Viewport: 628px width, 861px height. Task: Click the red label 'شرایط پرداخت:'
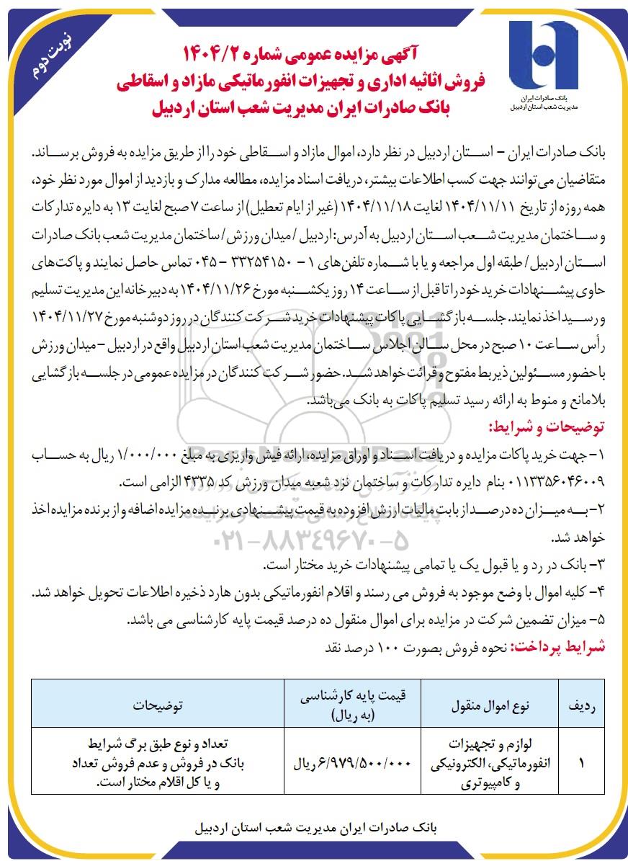tap(559, 646)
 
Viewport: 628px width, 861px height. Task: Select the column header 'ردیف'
tap(581, 705)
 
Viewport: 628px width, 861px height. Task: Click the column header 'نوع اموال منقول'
tap(490, 705)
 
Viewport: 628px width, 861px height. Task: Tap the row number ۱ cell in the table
tap(581, 762)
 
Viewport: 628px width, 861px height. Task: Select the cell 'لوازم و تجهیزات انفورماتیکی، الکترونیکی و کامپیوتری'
tap(490, 762)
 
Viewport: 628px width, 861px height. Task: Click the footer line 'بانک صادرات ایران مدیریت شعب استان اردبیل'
tap(314, 829)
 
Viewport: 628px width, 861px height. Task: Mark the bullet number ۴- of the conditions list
tap(598, 592)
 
